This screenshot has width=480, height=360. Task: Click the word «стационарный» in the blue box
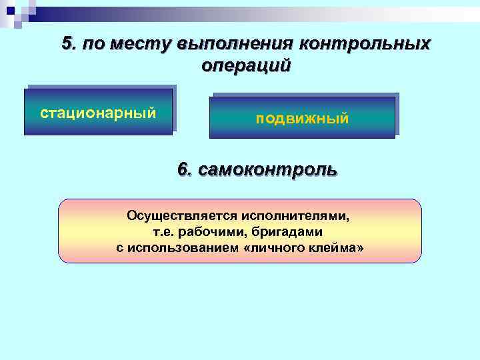tap(99, 112)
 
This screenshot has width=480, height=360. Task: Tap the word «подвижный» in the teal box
tap(302, 119)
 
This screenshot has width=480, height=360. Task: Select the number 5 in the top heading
tap(67, 43)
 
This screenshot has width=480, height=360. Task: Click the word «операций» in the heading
tap(245, 66)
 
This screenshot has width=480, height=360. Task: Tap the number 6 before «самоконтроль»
tap(183, 169)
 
